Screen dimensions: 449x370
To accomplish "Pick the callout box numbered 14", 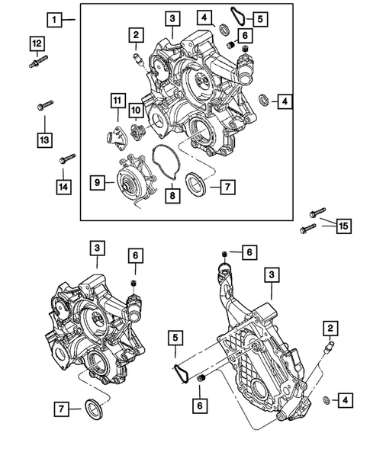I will point(63,184).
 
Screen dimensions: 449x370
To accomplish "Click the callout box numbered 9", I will point(98,182).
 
